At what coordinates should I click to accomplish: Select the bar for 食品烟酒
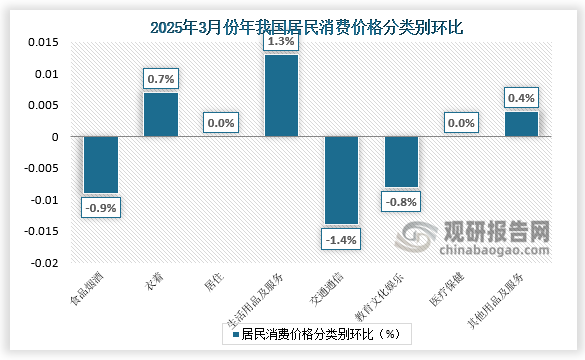[x=100, y=165]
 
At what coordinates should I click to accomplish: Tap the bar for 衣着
[x=160, y=115]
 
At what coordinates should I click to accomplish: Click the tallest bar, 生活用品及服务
[x=281, y=96]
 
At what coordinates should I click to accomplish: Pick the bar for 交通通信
[x=341, y=181]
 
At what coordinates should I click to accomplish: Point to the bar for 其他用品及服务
[x=521, y=125]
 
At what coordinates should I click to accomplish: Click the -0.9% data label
[x=100, y=208]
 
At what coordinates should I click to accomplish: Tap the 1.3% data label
[x=281, y=41]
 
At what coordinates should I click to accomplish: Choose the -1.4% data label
[x=341, y=240]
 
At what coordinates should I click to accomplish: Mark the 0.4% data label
[x=521, y=98]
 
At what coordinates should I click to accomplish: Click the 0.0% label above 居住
[x=221, y=123]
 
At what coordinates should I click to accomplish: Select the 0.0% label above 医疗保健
[x=461, y=123]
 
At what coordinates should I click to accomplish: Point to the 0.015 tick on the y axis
[x=43, y=43]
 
